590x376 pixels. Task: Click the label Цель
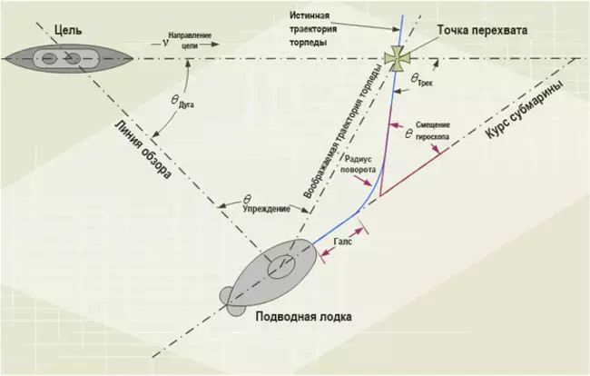[68, 30]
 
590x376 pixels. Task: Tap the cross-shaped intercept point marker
[397, 58]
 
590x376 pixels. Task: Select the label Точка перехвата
[482, 30]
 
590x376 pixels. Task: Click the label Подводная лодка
[304, 317]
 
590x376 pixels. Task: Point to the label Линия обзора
[143, 149]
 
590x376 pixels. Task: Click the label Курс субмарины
[525, 110]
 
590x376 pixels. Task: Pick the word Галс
[342, 241]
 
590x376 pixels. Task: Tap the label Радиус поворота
[358, 164]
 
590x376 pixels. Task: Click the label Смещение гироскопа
[432, 131]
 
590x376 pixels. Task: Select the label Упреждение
[266, 209]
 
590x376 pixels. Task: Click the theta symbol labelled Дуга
[174, 100]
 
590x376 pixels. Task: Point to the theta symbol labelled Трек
[414, 78]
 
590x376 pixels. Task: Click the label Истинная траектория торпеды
[309, 29]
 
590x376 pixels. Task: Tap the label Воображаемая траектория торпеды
[341, 131]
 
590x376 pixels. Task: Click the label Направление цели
[190, 40]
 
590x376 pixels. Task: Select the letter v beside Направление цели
[165, 43]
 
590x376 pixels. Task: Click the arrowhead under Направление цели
[215, 45]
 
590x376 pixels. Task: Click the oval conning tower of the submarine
[280, 267]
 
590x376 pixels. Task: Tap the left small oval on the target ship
[48, 59]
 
